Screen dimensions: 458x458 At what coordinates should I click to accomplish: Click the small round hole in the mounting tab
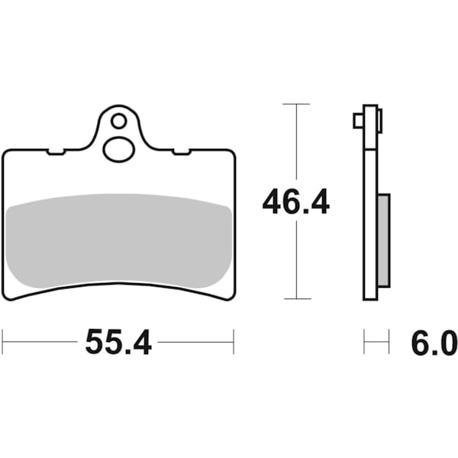(x=118, y=121)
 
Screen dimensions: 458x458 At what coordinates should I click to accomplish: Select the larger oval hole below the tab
(x=118, y=148)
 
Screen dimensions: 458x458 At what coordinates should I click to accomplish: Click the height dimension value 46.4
(x=295, y=202)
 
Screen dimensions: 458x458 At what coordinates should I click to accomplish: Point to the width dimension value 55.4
(x=118, y=343)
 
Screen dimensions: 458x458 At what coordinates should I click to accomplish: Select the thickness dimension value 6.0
(x=434, y=343)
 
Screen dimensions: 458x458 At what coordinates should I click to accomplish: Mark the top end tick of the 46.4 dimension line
(x=295, y=103)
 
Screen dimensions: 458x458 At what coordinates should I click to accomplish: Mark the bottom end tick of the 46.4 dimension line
(x=295, y=298)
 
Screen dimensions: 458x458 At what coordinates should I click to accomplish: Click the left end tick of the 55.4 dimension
(x=3, y=343)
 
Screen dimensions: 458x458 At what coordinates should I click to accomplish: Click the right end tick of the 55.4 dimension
(x=234, y=343)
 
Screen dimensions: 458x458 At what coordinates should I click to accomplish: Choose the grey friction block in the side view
(x=383, y=240)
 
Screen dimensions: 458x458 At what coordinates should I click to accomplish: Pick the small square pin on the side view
(x=358, y=121)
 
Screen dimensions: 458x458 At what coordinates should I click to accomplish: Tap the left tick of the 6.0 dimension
(x=364, y=343)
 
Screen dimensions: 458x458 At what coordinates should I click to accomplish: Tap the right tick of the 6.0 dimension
(x=389, y=343)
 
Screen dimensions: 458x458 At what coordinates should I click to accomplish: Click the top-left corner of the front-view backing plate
(x=7, y=151)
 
